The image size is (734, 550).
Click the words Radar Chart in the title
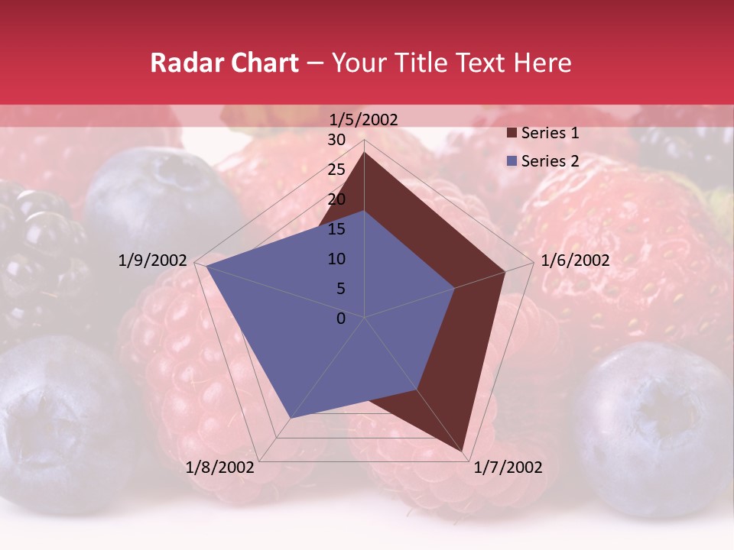pyautogui.click(x=224, y=63)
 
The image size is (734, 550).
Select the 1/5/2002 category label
pyautogui.click(x=364, y=119)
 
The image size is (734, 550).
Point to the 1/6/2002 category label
pyautogui.click(x=575, y=260)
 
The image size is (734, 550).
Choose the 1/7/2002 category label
pyautogui.click(x=508, y=467)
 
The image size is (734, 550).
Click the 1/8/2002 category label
pyautogui.click(x=220, y=467)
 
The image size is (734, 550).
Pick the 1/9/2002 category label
pyautogui.click(x=153, y=260)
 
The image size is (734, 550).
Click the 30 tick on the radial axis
pyautogui.click(x=336, y=140)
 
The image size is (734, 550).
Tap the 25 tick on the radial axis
pyautogui.click(x=336, y=170)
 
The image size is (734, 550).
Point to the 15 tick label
pyautogui.click(x=336, y=229)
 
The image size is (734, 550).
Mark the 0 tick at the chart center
pyautogui.click(x=341, y=319)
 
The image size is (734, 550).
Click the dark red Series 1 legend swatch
pyautogui.click(x=511, y=134)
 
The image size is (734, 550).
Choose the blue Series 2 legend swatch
pyautogui.click(x=511, y=161)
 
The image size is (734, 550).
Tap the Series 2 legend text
pyautogui.click(x=550, y=161)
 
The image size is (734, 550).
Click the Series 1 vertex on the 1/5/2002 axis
pyautogui.click(x=364, y=152)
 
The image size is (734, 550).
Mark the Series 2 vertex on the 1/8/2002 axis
pyautogui.click(x=291, y=418)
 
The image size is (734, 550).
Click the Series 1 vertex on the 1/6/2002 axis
pyautogui.click(x=505, y=271)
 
